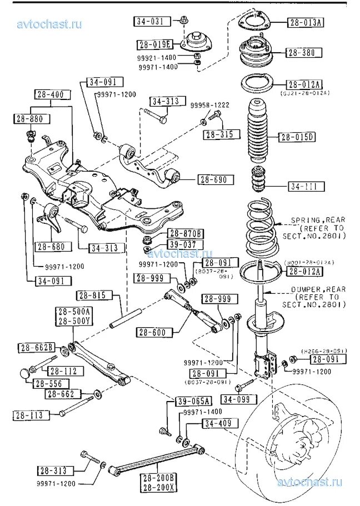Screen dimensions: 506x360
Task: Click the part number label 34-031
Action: tap(149, 22)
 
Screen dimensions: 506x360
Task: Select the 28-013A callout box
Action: tap(305, 23)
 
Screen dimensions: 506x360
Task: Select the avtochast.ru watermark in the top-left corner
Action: tap(50, 24)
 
